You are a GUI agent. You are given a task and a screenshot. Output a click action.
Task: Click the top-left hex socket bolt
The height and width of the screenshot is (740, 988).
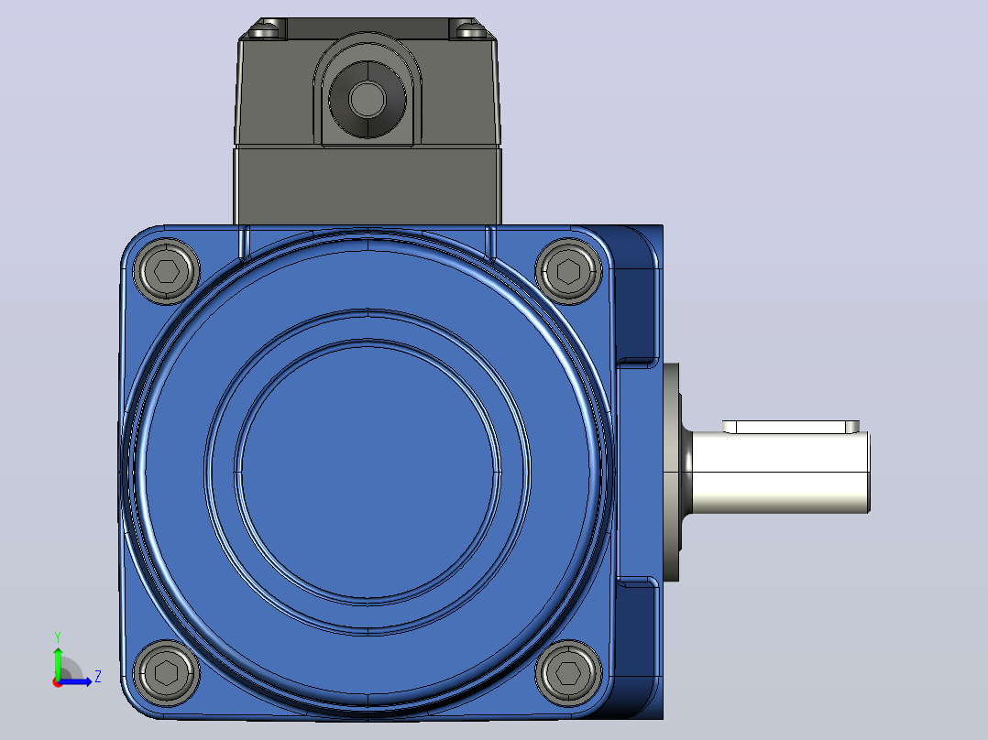[x=167, y=271]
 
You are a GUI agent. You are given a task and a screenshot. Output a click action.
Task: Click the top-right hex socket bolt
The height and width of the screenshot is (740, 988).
[x=568, y=271]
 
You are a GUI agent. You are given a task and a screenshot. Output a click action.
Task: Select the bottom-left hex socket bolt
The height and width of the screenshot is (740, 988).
[x=167, y=672]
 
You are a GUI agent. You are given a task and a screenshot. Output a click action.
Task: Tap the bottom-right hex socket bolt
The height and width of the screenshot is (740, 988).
[x=568, y=672]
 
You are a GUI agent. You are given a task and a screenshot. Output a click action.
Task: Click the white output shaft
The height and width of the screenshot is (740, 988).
[x=781, y=473]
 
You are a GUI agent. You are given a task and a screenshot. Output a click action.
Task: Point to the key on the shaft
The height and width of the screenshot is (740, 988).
[x=791, y=427]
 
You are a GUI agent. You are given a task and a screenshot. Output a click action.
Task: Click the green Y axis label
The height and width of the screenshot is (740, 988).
[x=58, y=637]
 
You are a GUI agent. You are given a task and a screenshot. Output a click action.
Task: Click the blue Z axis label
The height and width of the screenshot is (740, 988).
[x=98, y=677]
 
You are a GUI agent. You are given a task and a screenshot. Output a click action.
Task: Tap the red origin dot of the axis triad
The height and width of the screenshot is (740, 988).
[x=58, y=682]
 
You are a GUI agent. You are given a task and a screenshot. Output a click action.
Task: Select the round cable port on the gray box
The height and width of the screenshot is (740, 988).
[x=368, y=98]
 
